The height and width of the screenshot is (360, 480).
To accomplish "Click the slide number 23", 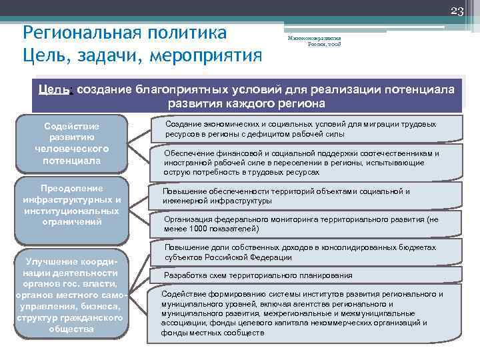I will point(458,9).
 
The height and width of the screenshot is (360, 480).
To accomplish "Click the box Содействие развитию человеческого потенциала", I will point(71,143).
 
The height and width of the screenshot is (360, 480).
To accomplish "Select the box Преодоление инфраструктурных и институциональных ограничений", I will point(71,202).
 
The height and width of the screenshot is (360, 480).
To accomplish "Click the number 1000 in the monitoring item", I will point(202,229).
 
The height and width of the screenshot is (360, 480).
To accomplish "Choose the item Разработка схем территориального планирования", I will point(259,275).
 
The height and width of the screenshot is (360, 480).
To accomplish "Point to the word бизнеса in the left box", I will point(101,306).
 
